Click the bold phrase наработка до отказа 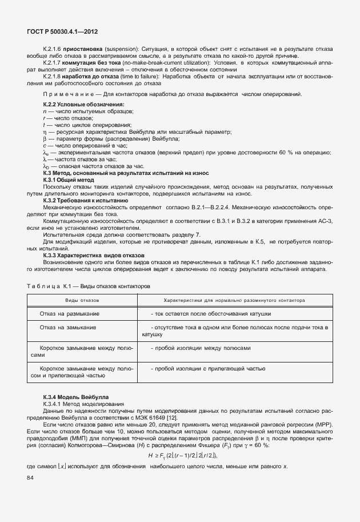coord(89,76)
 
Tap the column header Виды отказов coord(82,300)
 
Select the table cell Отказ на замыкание coord(68,328)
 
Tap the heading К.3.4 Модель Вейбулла coord(75,397)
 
